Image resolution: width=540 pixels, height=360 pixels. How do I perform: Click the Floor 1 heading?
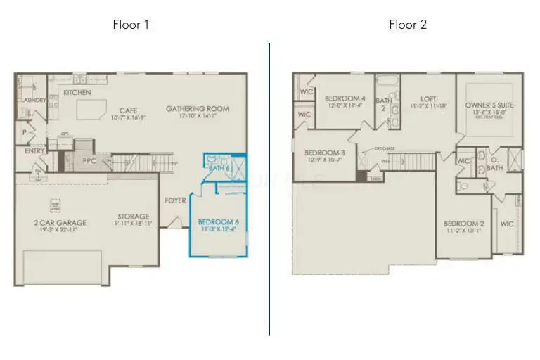(x=131, y=25)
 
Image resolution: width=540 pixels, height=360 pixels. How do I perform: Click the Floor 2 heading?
(x=408, y=25)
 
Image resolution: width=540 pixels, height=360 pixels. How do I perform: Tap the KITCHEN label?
(x=77, y=93)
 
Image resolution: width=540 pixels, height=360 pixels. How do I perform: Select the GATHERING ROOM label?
(x=198, y=109)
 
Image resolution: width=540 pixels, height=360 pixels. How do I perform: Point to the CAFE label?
(x=127, y=110)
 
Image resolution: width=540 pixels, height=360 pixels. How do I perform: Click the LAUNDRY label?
(x=34, y=101)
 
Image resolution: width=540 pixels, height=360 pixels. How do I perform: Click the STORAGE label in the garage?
(x=133, y=217)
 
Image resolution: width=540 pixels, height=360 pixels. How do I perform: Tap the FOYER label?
(x=175, y=200)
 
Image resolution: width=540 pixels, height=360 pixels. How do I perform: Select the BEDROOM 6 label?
(x=219, y=222)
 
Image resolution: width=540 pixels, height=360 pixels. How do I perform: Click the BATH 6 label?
(x=219, y=168)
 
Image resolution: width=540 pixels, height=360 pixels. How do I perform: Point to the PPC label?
(x=89, y=161)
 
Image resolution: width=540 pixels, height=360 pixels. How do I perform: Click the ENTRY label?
(x=34, y=150)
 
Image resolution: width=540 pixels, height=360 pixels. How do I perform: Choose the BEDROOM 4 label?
(x=345, y=98)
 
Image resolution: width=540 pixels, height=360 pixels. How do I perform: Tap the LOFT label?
(x=428, y=99)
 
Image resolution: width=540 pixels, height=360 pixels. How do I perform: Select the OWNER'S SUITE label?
(x=489, y=105)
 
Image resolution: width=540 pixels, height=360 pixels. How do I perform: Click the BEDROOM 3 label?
(x=324, y=153)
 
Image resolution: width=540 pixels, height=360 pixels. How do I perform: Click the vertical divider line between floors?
(x=269, y=190)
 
